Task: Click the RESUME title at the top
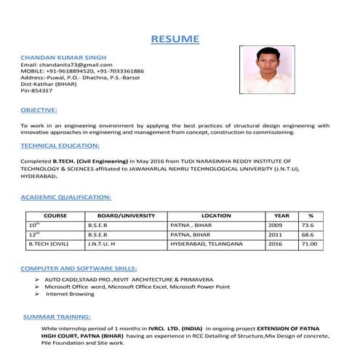[x=175, y=38]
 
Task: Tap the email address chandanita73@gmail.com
[x=61, y=64]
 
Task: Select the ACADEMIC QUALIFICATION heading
[x=65, y=197]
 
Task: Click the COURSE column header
[x=55, y=216]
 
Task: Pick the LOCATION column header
[x=216, y=216]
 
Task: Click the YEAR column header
[x=281, y=216]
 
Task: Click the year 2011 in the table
[x=275, y=235]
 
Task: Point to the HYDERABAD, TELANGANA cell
[x=200, y=244]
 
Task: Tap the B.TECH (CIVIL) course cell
[x=48, y=244]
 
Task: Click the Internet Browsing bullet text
[x=71, y=295]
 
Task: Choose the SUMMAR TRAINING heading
[x=57, y=318]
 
